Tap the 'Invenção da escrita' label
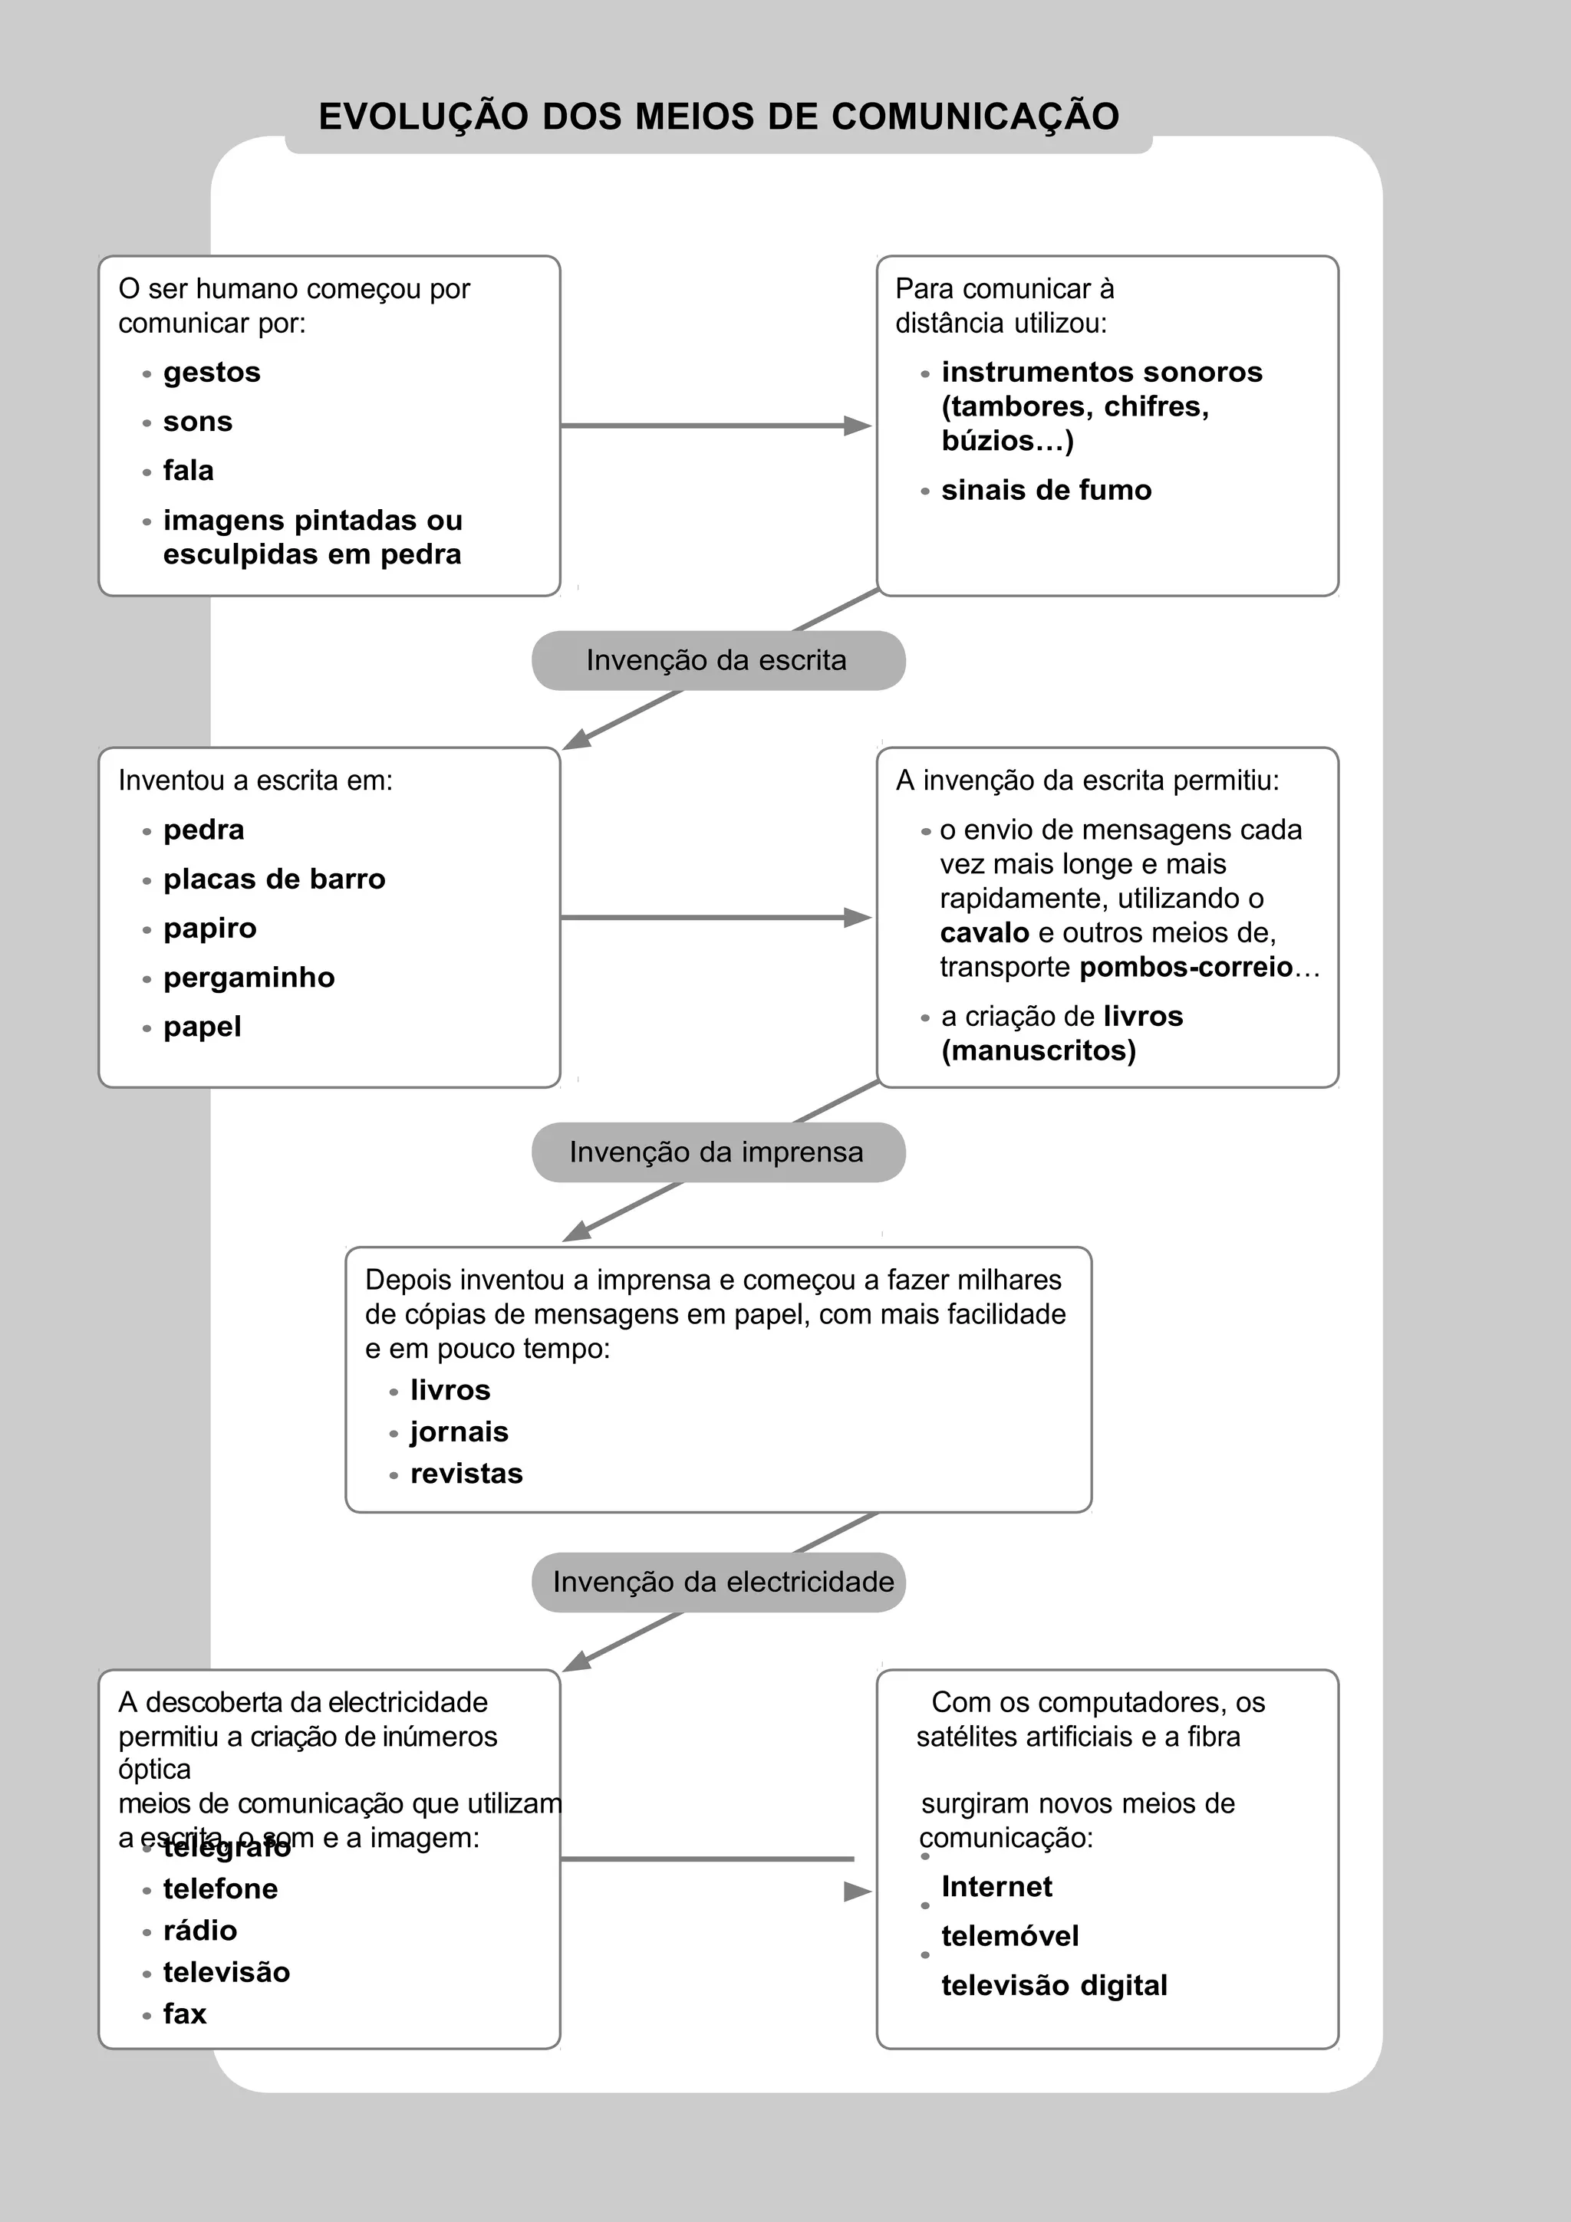(716, 660)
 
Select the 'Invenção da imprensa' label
(716, 1152)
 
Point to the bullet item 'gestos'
(211, 373)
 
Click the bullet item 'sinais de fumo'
(1046, 491)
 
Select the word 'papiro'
(209, 928)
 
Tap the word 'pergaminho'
(249, 978)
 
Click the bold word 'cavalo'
(983, 933)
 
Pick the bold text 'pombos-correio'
(1185, 967)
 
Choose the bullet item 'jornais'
(459, 1431)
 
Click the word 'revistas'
(466, 1473)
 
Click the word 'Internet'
(996, 1886)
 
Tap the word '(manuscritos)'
(1038, 1051)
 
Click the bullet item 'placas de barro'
(274, 879)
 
